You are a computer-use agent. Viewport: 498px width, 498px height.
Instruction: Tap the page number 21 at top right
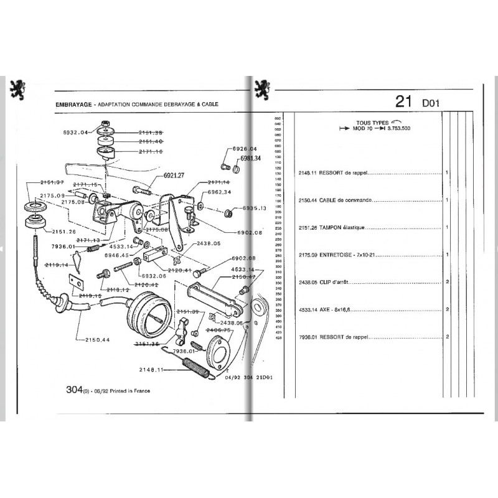pyautogui.click(x=403, y=102)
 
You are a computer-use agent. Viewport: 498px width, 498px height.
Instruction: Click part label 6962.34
pyautogui.click(x=219, y=192)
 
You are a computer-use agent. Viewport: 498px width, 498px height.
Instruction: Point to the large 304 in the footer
pyautogui.click(x=73, y=390)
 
